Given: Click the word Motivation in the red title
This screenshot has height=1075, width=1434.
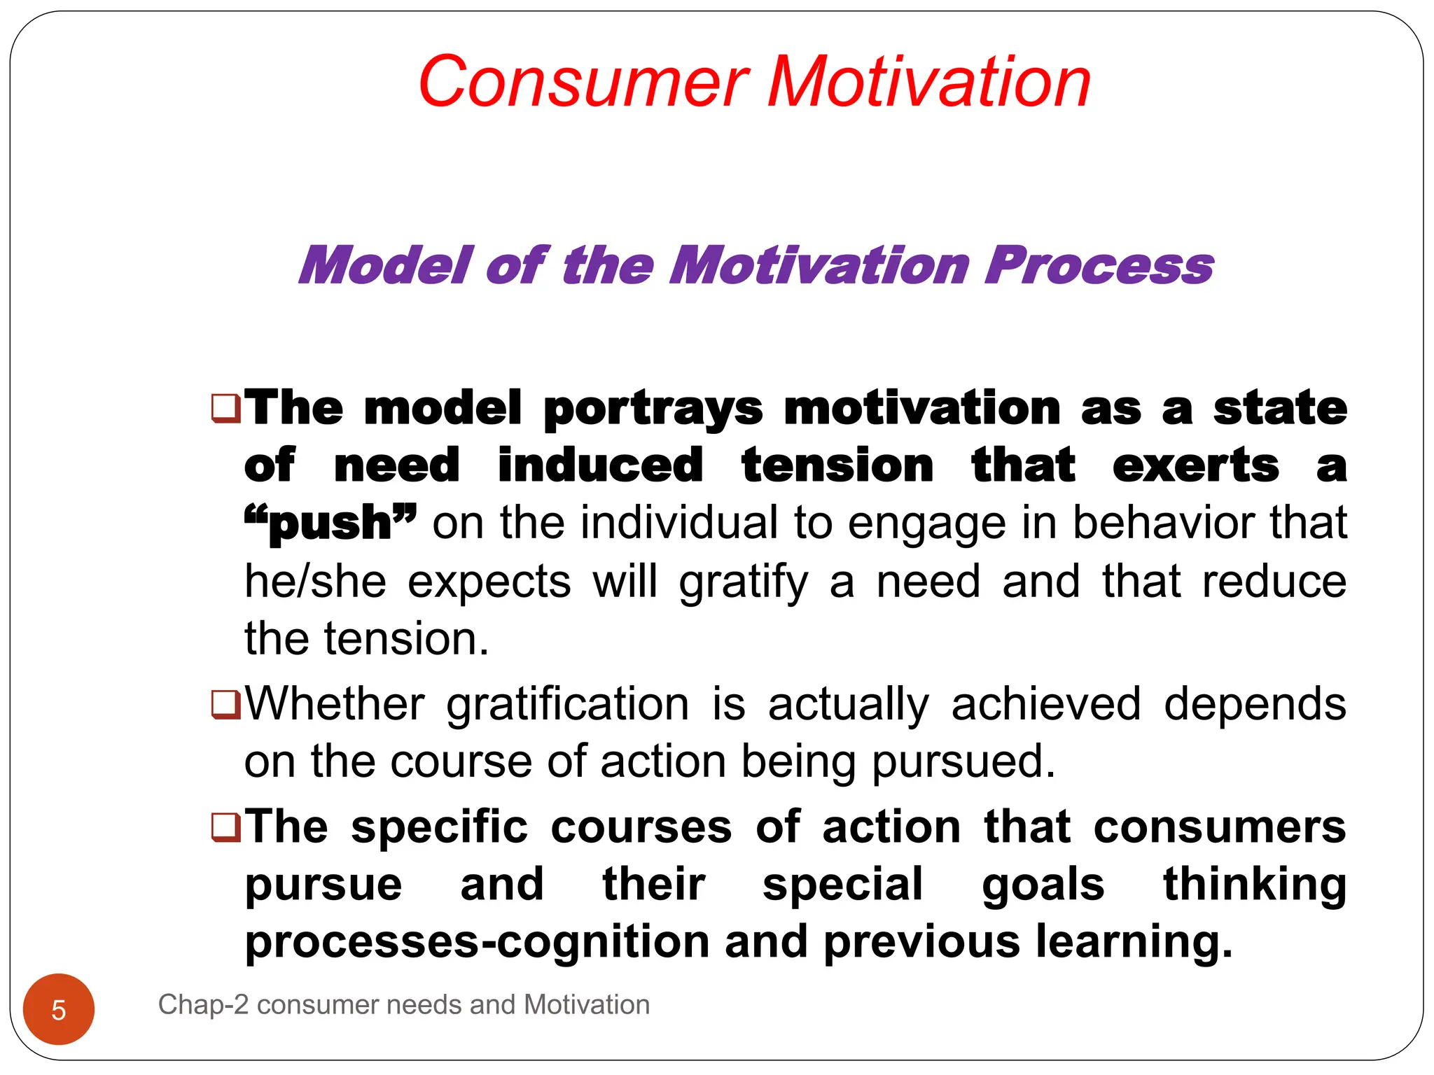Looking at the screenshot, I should (929, 83).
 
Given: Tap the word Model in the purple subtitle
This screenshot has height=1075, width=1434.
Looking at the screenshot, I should (387, 266).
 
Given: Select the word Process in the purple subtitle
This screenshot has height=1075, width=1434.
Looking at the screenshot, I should (1099, 266).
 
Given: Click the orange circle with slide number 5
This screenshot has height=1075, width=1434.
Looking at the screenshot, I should (59, 1009).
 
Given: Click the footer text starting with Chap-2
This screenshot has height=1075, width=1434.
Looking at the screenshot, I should (404, 1005).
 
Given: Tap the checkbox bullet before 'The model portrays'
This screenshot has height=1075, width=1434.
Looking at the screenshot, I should (225, 408).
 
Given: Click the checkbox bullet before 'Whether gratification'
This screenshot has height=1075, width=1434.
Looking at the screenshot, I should (225, 705).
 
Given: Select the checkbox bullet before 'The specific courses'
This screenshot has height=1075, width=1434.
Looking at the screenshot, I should (225, 827).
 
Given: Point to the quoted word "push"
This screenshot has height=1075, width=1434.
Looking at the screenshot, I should (330, 523).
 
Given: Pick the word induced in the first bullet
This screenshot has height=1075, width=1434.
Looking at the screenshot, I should (600, 465).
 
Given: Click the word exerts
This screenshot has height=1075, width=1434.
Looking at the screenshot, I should (1195, 465).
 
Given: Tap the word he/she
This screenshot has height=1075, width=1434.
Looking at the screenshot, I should (315, 582).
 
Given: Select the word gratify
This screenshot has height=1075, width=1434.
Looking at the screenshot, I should (743, 583).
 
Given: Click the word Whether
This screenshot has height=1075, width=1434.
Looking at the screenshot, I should (335, 703).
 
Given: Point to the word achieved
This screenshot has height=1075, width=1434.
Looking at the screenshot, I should (1046, 703).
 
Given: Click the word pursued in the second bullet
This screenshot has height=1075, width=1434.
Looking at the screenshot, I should (963, 762).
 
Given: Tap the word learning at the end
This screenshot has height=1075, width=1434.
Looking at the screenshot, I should (1133, 942).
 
